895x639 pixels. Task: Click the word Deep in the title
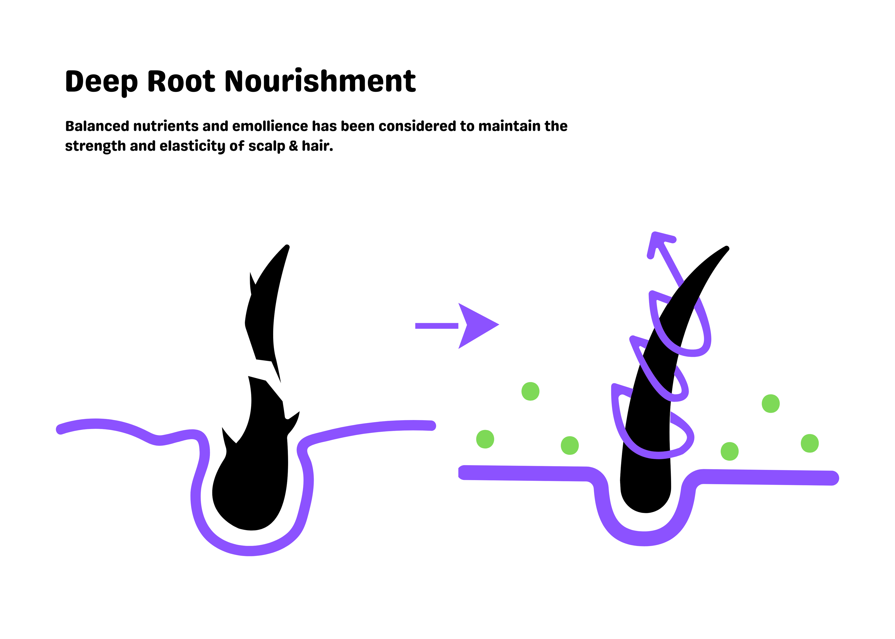[x=102, y=82]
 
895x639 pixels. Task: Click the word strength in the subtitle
[x=95, y=146]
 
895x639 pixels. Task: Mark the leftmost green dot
[x=485, y=439]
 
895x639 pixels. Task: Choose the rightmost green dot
[x=810, y=444]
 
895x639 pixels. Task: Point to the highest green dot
[x=530, y=392]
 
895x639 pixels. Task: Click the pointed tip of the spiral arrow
[x=654, y=234]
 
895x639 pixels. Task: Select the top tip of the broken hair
[x=287, y=246]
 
